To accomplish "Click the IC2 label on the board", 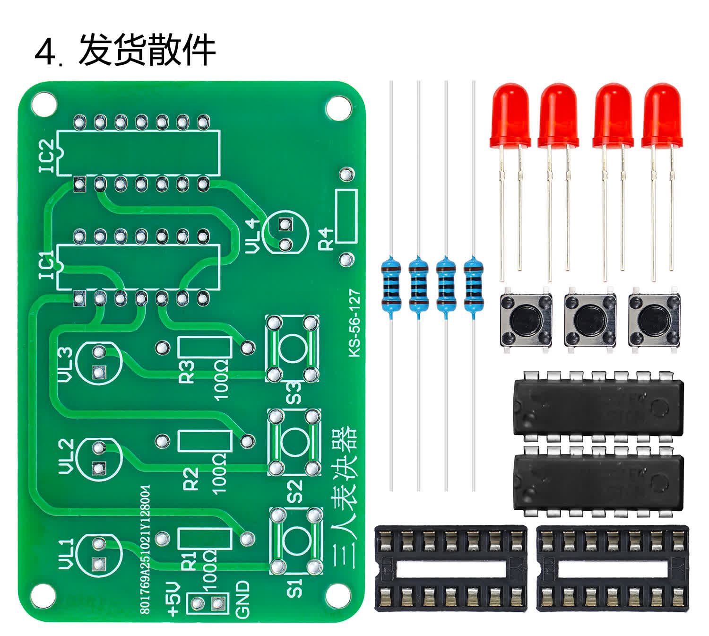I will (47, 156).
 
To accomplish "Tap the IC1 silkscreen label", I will (47, 266).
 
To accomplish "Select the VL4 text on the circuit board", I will (253, 235).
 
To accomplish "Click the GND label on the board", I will (242, 599).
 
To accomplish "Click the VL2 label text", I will (66, 456).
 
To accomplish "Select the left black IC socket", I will (450, 568).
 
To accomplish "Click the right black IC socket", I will (613, 568).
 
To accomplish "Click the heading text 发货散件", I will (147, 50).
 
